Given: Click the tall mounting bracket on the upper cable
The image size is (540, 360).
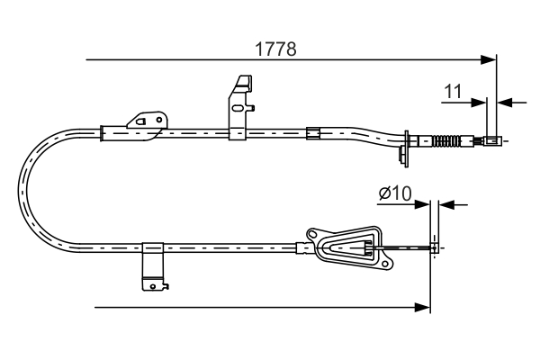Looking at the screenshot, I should click(238, 107).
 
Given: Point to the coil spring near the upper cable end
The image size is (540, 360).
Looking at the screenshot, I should click(446, 140).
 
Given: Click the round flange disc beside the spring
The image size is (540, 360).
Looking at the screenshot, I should click(409, 144).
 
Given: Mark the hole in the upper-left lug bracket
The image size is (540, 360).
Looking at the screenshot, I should click(141, 120).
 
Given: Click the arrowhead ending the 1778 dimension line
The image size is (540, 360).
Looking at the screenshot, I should click(490, 60).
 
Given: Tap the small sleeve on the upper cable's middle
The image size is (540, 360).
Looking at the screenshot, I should click(313, 134).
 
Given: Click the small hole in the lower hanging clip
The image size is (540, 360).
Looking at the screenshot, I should click(165, 286).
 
